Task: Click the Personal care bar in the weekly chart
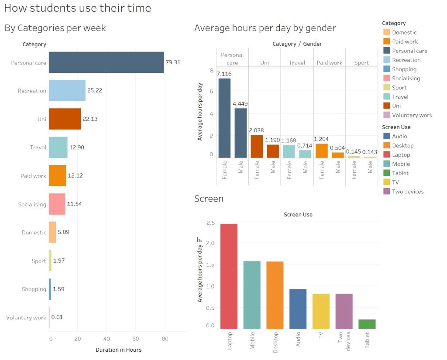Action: click(x=106, y=62)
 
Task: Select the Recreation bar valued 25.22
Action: click(x=67, y=91)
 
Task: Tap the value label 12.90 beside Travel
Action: click(x=77, y=147)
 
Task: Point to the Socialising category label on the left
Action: click(x=32, y=204)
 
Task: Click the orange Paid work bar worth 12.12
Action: click(x=57, y=175)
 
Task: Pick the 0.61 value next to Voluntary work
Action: click(x=57, y=317)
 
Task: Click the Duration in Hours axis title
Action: click(x=118, y=350)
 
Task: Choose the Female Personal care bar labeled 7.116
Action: click(x=224, y=118)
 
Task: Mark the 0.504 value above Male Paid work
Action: click(x=338, y=147)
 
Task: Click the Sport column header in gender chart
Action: click(x=361, y=63)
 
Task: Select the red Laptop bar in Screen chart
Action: click(x=229, y=276)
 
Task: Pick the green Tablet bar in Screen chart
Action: click(x=367, y=324)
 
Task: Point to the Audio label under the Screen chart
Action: click(x=298, y=339)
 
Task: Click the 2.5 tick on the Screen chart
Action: click(x=210, y=223)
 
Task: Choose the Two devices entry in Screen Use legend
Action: click(x=408, y=191)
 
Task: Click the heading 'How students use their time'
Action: click(x=77, y=8)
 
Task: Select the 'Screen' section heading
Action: click(x=209, y=199)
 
